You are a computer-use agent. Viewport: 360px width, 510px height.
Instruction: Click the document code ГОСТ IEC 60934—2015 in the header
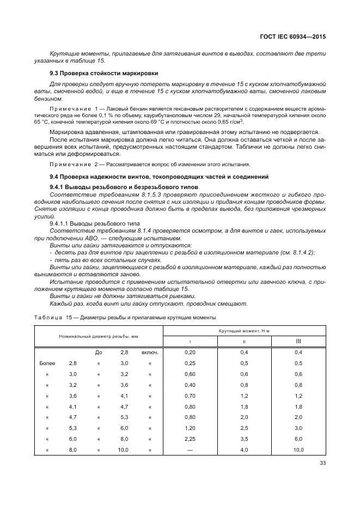(x=295, y=38)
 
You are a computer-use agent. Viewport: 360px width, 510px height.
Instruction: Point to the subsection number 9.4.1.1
(x=61, y=223)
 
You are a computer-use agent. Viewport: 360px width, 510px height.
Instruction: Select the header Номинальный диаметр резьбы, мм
(x=99, y=336)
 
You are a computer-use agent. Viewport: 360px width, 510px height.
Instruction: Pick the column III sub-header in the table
(x=298, y=341)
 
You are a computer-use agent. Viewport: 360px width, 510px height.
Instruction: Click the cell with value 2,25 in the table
(x=190, y=439)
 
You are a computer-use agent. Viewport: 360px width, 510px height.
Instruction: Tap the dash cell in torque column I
(x=190, y=450)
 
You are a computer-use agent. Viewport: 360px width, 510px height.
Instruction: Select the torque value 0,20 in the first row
(x=190, y=353)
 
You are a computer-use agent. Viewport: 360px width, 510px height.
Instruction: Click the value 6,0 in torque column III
(x=298, y=439)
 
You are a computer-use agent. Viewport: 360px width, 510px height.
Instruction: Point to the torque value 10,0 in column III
(x=298, y=450)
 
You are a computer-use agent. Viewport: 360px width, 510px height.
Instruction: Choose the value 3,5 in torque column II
(x=244, y=439)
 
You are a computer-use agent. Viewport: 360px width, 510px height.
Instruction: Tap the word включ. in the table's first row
(x=150, y=353)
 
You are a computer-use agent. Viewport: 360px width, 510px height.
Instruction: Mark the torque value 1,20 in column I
(x=190, y=428)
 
